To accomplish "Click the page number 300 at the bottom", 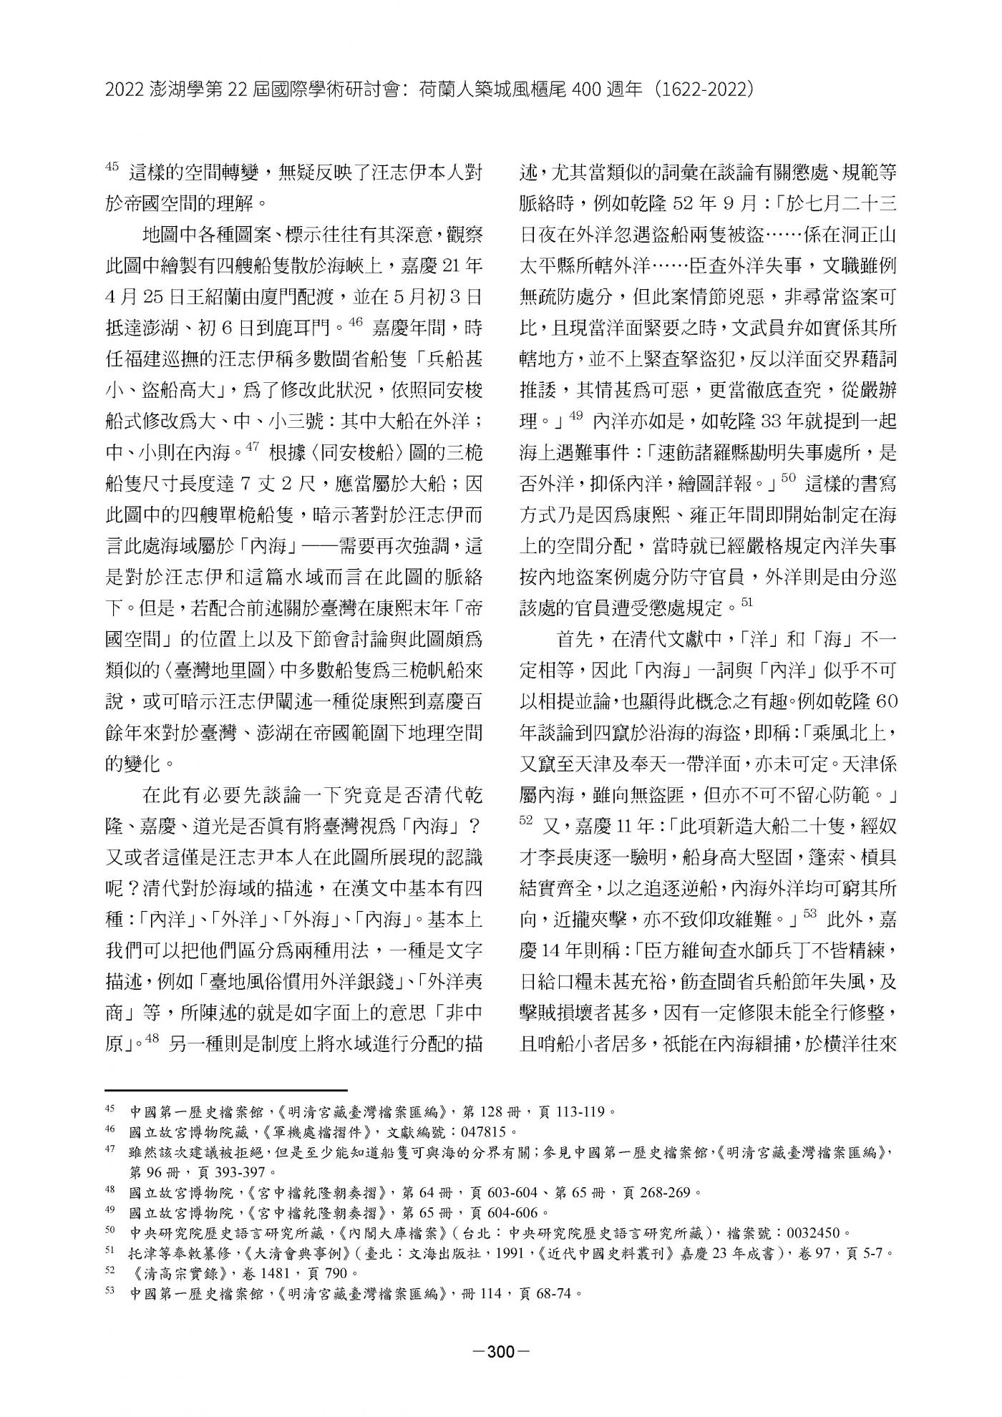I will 501,1351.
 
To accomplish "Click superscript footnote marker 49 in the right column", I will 576,413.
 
